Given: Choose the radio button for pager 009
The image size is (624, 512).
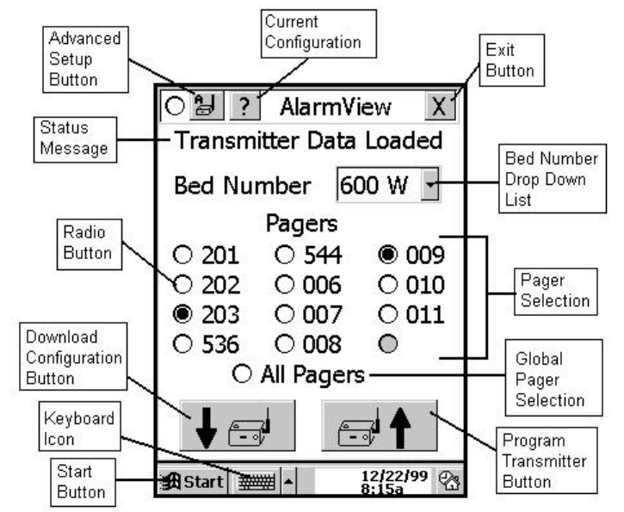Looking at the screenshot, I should pyautogui.click(x=387, y=256).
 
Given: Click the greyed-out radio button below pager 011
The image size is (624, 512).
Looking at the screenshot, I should pyautogui.click(x=387, y=344).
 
